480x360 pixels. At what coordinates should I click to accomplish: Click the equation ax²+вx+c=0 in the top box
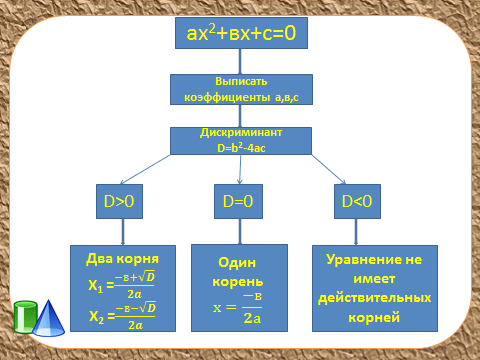[x=241, y=33]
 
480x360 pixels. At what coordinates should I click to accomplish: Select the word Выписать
[x=241, y=81]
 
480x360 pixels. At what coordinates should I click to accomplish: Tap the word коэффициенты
[x=227, y=97]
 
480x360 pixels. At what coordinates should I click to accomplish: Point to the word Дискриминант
[x=241, y=133]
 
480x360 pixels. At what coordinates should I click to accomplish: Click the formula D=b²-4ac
[x=241, y=148]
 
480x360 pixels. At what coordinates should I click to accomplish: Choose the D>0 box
[x=119, y=201]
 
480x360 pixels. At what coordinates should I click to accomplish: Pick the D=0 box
[x=238, y=201]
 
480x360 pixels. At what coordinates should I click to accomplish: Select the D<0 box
[x=357, y=201]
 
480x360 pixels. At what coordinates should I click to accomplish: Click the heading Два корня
[x=122, y=259]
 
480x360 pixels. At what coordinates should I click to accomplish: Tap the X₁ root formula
[x=122, y=285]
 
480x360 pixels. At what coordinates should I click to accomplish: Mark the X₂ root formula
[x=122, y=316]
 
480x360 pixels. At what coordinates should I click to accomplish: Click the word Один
[x=237, y=263]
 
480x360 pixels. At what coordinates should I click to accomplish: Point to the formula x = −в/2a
[x=237, y=308]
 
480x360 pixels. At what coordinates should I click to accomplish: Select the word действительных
[x=375, y=298]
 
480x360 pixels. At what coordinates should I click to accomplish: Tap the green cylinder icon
[x=25, y=317]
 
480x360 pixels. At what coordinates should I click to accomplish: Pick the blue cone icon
[x=49, y=318]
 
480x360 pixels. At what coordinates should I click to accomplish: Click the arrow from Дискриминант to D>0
[x=145, y=169]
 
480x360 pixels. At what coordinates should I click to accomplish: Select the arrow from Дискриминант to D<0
[x=328, y=169]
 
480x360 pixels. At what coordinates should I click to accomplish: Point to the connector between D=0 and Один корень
[x=240, y=232]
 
